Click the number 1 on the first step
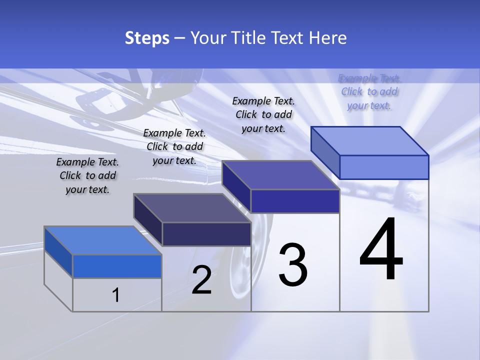tap(116, 295)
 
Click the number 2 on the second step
tap(201, 279)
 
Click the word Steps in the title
tap(147, 38)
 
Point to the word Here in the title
tap(328, 38)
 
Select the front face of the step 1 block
tap(117, 266)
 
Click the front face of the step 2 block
tap(206, 234)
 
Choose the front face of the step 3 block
tap(295, 201)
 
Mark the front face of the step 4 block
tap(384, 167)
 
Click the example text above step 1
tap(87, 175)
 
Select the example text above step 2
tap(174, 146)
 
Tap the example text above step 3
tap(263, 114)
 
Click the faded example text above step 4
tap(369, 91)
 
